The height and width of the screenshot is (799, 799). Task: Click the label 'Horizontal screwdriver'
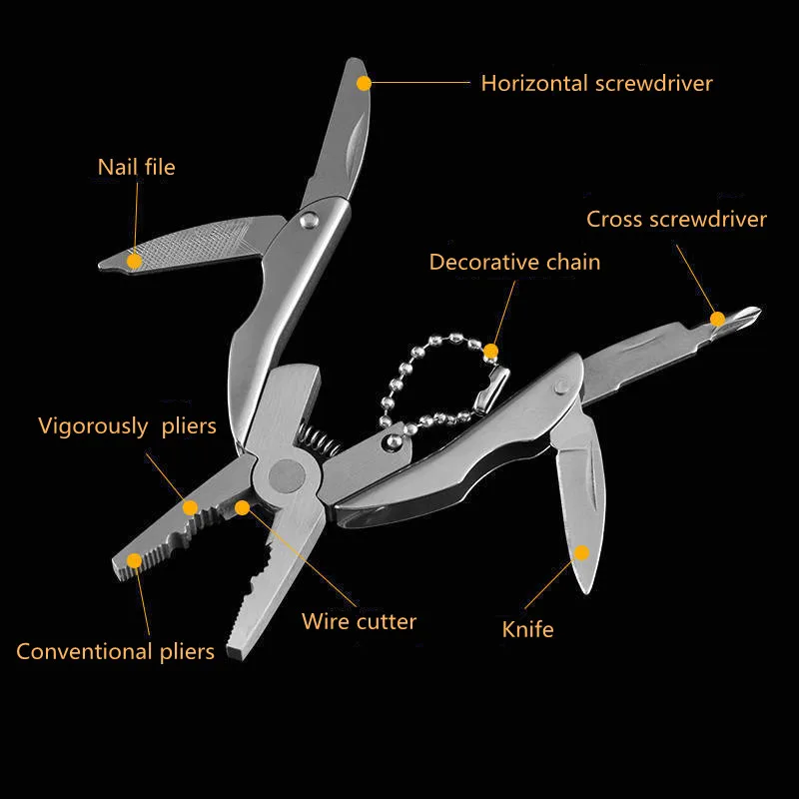pos(596,83)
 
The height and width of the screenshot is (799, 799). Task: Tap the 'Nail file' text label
pos(136,166)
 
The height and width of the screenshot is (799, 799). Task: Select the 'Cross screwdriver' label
pos(676,219)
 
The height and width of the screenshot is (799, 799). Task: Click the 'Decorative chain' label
pos(514,262)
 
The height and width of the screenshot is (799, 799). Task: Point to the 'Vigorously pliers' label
pos(127,426)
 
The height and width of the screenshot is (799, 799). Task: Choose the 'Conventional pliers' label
pos(115,652)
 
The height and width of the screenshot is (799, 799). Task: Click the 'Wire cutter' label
pos(359,621)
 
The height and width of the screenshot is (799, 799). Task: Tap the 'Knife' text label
pos(527,629)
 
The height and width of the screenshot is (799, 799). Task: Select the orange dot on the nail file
pos(134,262)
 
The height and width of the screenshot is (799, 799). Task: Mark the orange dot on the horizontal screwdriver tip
pos(364,83)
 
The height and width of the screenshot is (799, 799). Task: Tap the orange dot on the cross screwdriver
pos(717,319)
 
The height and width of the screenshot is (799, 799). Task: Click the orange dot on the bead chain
pos(490,352)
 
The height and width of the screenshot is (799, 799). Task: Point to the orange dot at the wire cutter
pos(243,507)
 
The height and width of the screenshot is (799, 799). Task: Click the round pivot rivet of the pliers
pos(288,475)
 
